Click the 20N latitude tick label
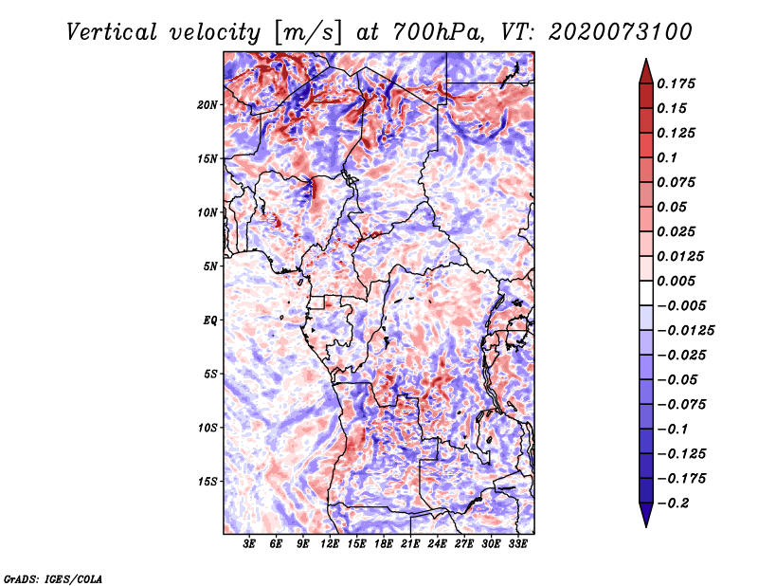(x=208, y=104)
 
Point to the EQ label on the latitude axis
(x=210, y=320)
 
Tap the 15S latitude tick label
(x=208, y=481)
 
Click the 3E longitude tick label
(x=250, y=544)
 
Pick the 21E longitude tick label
(x=410, y=544)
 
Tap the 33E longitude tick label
(x=517, y=544)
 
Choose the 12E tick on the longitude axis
(x=330, y=544)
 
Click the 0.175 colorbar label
(x=678, y=83)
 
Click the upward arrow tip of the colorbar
(x=645, y=63)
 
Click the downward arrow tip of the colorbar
(x=645, y=523)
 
